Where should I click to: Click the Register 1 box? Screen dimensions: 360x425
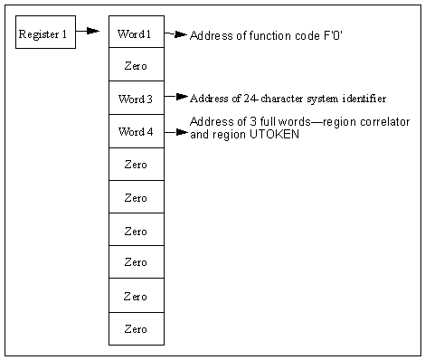pos(45,33)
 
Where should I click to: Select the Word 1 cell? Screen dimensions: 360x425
pos(136,33)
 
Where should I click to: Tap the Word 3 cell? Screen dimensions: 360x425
pos(136,98)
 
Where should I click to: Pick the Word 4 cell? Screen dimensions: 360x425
pos(136,131)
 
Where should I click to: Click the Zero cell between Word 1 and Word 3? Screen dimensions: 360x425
pos(136,66)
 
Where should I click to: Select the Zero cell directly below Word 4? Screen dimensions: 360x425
pos(136,165)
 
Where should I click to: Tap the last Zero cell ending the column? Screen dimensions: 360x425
pos(136,328)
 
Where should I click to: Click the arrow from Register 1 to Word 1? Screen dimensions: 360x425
pos(87,31)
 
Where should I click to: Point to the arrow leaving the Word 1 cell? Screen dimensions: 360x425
pos(175,34)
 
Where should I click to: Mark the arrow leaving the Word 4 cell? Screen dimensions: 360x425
pos(177,132)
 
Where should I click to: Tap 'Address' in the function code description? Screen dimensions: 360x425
pos(210,34)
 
